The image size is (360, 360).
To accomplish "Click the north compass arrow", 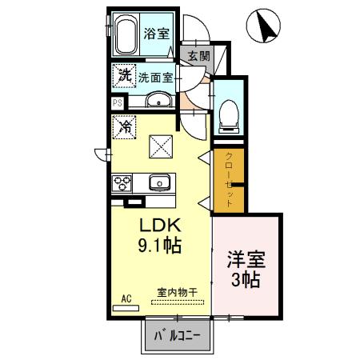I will pos(266,29).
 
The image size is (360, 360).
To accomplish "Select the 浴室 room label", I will pos(156,35).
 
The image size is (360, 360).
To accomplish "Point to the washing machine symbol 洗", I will pos(125,77).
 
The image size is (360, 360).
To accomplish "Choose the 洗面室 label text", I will pos(156,78).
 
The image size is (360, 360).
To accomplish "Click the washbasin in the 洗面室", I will pos(157,100).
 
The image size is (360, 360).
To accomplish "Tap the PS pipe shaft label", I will pos(117,102).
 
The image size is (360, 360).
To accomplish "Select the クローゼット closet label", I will pos(228,180).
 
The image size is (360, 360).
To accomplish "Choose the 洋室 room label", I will pos(247,262).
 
